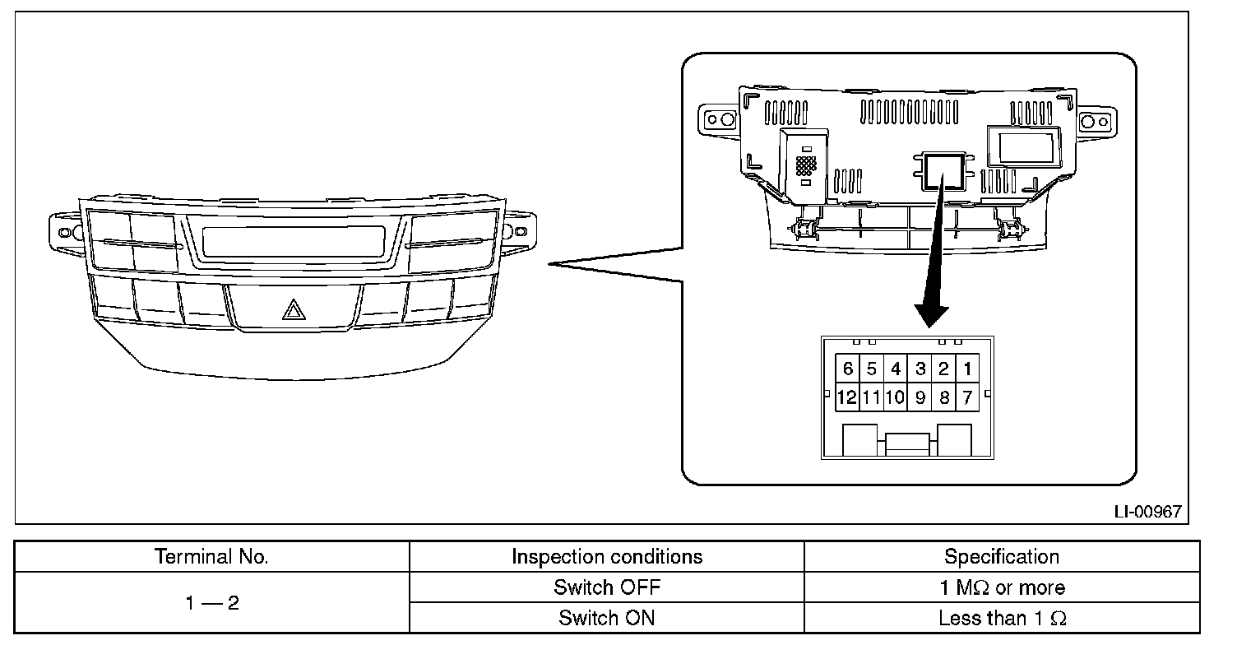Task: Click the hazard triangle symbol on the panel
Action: [293, 310]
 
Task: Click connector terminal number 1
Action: [968, 369]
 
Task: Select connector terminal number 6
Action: [848, 369]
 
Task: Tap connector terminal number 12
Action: [846, 398]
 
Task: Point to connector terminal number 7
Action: [968, 398]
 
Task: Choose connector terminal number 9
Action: [920, 398]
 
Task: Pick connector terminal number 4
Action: [896, 369]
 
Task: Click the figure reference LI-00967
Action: [1147, 512]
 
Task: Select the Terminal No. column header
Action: [212, 557]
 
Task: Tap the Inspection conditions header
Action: [607, 557]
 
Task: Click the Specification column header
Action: [1001, 557]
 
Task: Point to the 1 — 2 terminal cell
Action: [212, 603]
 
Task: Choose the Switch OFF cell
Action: [607, 587]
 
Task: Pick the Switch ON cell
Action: [607, 618]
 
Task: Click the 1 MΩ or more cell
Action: [1001, 587]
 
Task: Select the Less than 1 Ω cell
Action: [1001, 618]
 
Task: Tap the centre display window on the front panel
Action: [293, 241]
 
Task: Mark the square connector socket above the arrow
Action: [943, 169]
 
